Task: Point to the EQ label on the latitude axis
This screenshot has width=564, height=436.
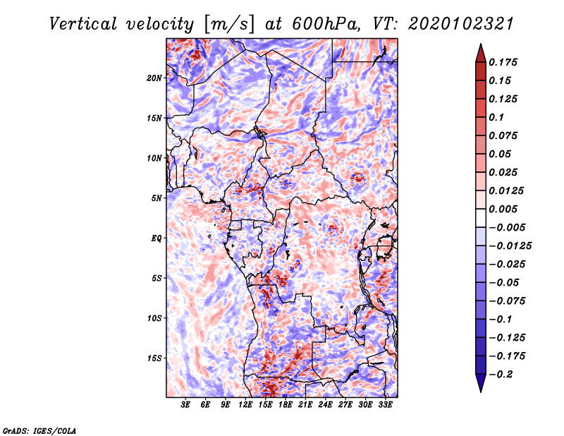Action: (157, 238)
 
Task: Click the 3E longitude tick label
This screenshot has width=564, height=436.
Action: (185, 406)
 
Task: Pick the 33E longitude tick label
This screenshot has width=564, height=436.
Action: (386, 406)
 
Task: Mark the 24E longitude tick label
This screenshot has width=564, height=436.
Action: (326, 406)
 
